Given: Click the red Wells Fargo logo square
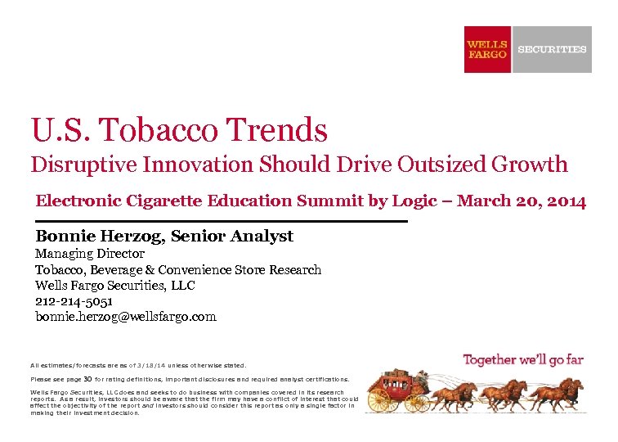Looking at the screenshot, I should [487, 49].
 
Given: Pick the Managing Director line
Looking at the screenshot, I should [90, 254].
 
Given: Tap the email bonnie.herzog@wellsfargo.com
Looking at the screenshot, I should [125, 316].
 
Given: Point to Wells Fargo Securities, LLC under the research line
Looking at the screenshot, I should [114, 285].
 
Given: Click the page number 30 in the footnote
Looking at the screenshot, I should [87, 379].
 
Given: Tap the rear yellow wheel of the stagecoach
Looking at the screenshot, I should [378, 400].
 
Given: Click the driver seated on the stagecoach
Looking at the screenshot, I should [423, 377].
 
